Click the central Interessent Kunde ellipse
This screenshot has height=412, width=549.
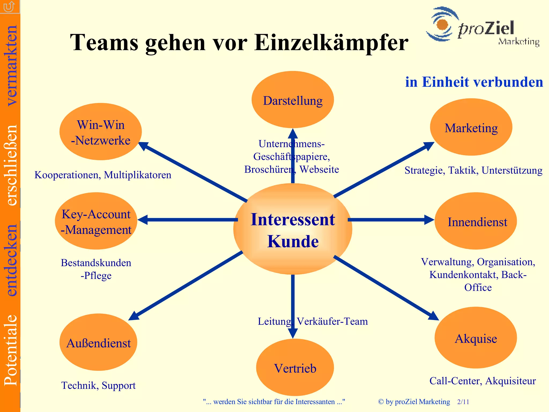click(293, 229)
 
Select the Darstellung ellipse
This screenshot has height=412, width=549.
click(293, 100)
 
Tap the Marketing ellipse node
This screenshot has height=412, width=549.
click(471, 127)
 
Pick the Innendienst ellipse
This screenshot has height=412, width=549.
click(476, 221)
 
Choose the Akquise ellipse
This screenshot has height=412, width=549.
click(476, 338)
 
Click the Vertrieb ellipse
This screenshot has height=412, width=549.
click(295, 367)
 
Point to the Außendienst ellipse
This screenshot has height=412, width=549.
click(98, 342)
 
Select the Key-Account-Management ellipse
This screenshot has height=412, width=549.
click(96, 221)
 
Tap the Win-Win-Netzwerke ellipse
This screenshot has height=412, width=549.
click(101, 132)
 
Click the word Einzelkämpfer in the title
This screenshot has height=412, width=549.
click(331, 43)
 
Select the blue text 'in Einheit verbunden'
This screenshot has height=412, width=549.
click(474, 82)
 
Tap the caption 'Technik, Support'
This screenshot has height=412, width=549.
click(98, 385)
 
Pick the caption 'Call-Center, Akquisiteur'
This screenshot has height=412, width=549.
click(483, 381)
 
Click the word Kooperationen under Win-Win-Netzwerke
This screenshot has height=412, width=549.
click(68, 175)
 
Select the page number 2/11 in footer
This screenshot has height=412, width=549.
click(463, 402)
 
